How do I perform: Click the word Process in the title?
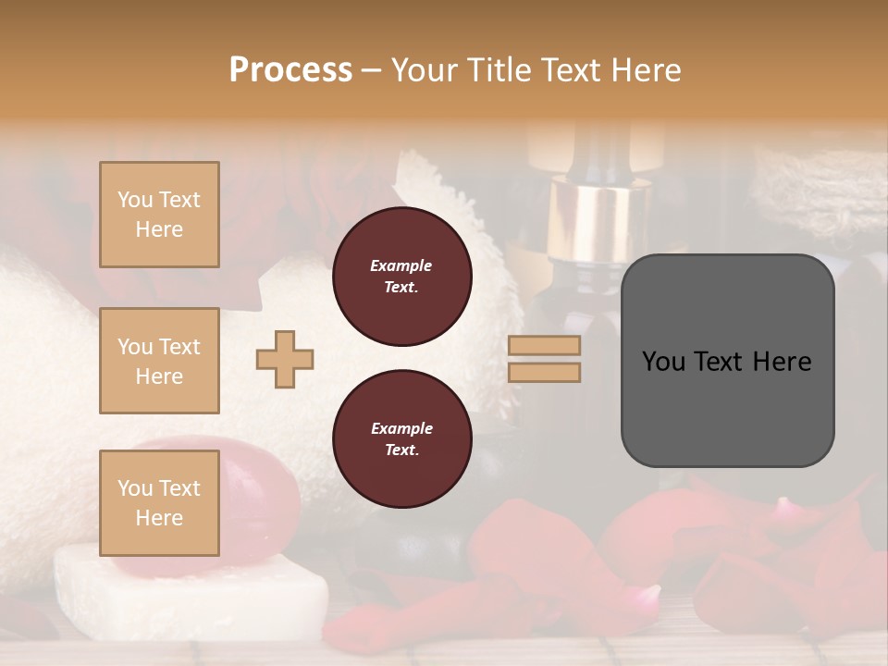click(x=290, y=70)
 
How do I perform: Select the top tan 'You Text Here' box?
click(x=159, y=215)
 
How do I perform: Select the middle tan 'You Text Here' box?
click(x=159, y=361)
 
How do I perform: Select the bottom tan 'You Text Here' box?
click(x=159, y=502)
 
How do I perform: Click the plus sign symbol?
click(x=285, y=359)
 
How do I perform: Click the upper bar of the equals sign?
click(x=544, y=345)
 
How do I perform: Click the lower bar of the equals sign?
click(x=544, y=372)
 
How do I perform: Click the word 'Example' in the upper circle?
click(x=401, y=265)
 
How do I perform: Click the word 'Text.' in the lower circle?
click(x=401, y=450)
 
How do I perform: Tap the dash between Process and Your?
click(x=371, y=70)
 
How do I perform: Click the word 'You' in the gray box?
click(x=664, y=362)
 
